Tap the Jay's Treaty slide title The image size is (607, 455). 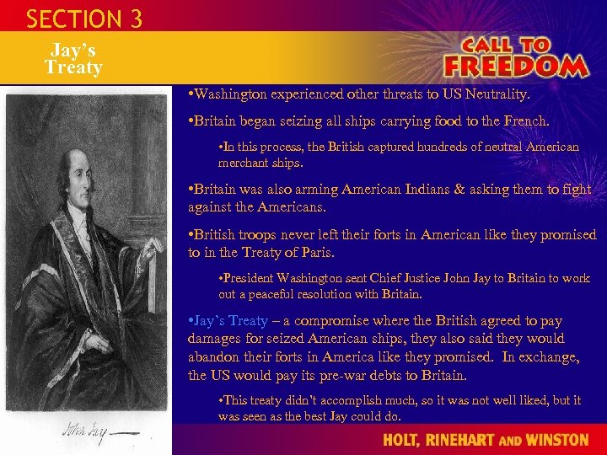coord(73,59)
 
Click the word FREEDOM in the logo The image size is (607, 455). coord(515,66)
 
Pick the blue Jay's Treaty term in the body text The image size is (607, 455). coord(231,321)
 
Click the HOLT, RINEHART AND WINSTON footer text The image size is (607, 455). coord(486,440)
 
